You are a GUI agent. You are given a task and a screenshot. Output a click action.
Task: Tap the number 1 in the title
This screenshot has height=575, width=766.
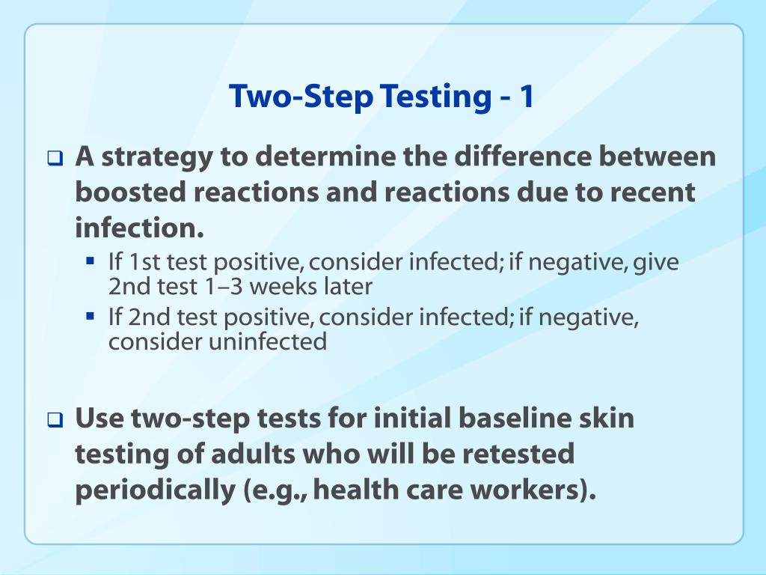(x=527, y=96)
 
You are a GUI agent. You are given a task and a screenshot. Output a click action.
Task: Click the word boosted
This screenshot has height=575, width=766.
(x=131, y=192)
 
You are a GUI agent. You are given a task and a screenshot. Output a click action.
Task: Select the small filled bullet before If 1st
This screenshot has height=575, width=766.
(x=90, y=262)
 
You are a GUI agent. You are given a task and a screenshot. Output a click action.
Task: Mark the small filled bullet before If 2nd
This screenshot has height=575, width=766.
(x=90, y=317)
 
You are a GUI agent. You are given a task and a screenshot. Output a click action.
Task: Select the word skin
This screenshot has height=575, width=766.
(x=609, y=418)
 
